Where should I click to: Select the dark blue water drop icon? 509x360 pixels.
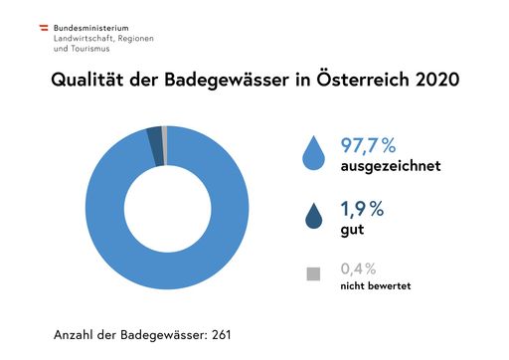[x=313, y=215]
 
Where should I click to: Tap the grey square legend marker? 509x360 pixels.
[x=313, y=272]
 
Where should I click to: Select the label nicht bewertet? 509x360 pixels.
[x=376, y=285]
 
